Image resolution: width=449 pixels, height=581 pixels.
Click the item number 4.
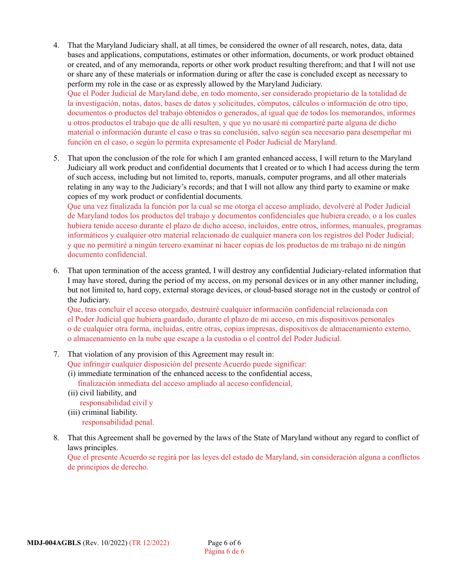click(x=56, y=45)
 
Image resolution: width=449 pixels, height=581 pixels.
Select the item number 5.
click(x=56, y=158)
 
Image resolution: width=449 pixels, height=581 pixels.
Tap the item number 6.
click(x=56, y=271)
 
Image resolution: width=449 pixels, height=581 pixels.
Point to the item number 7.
click(x=56, y=354)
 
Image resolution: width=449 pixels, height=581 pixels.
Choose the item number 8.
click(x=56, y=438)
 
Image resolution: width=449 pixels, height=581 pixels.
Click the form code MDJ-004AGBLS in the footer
click(x=54, y=543)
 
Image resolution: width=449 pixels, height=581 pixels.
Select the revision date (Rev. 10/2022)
click(x=105, y=543)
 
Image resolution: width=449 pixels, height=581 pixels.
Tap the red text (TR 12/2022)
click(x=149, y=543)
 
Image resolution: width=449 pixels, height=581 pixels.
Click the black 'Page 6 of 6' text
click(x=224, y=543)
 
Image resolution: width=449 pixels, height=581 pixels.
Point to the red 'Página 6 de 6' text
click(x=224, y=551)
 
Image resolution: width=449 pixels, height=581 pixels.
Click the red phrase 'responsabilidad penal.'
click(x=118, y=422)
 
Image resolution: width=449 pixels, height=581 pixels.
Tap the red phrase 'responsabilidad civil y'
click(x=116, y=403)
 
